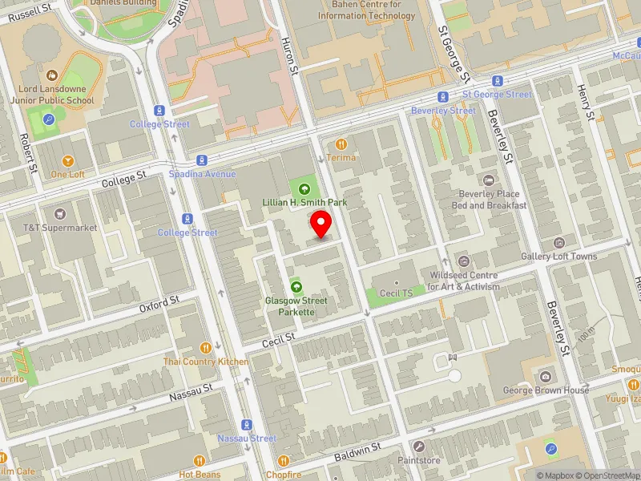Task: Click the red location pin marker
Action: tap(321, 224)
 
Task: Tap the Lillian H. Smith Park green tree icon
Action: tap(304, 189)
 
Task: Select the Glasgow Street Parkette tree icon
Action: tap(296, 287)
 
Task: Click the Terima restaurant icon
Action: tap(341, 144)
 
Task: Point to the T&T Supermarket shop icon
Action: tap(59, 214)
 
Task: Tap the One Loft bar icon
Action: tap(67, 160)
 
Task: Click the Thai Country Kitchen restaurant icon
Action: tap(206, 348)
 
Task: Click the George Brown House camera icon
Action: tap(546, 377)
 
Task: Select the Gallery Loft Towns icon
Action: tap(559, 243)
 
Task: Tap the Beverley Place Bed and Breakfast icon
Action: tap(489, 180)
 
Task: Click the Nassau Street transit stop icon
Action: tap(246, 425)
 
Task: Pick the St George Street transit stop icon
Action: tap(498, 81)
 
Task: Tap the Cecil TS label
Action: tap(397, 293)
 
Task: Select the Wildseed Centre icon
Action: tap(463, 261)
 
